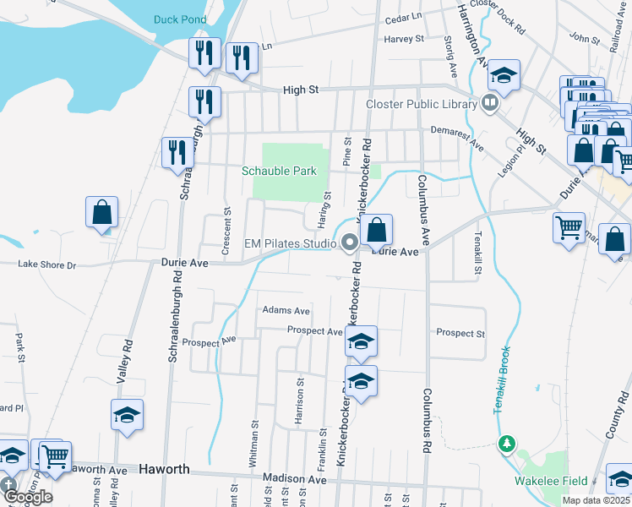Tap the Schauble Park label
(279, 171)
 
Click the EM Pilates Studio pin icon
(349, 244)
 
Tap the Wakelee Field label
(552, 481)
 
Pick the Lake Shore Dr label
(47, 265)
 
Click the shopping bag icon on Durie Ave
(377, 229)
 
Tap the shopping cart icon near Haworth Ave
(56, 455)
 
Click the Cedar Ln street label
(402, 17)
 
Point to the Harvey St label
(403, 39)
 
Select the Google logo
(27, 496)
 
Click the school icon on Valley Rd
(127, 415)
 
